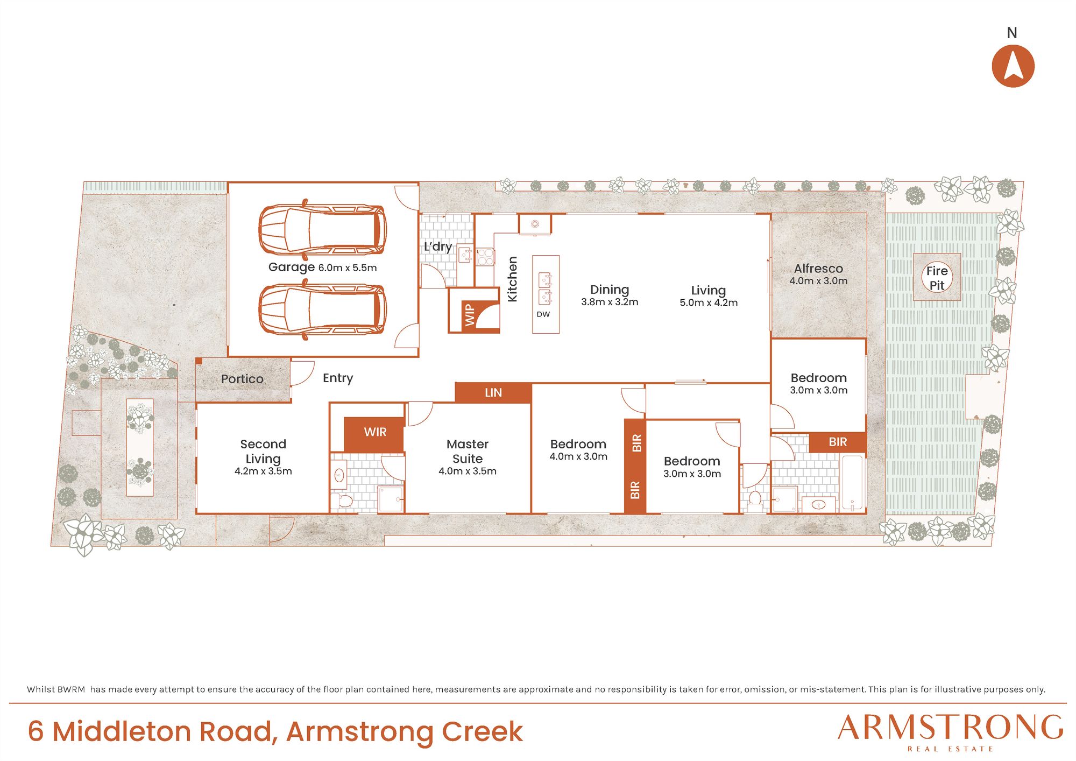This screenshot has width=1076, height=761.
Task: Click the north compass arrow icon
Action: pos(1013,66)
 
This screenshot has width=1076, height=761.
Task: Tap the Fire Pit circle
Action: pos(937,278)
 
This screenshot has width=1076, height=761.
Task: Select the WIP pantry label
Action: pos(469,315)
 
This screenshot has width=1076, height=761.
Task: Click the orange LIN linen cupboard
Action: pos(493,393)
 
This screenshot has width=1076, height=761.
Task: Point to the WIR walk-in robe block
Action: pos(374,432)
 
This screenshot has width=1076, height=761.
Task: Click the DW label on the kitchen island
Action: pos(543,314)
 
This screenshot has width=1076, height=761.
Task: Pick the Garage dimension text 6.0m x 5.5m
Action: pos(348,268)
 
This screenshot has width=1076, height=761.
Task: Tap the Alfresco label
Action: pos(818,269)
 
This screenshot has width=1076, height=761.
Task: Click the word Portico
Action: pos(242,379)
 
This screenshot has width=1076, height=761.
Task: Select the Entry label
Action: pos(338,378)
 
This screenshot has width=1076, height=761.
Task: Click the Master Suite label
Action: pos(468,452)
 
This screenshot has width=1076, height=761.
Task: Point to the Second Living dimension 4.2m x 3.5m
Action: pos(263,471)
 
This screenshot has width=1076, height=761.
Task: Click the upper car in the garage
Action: pos(322,230)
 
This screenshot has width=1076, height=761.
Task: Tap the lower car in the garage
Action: pos(322,311)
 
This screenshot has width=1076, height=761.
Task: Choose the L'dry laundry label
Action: pos(438,246)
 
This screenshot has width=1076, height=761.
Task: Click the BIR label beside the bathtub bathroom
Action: pos(838,442)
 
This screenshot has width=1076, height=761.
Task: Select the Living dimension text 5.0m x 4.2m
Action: pos(709,303)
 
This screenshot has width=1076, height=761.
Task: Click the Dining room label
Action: pos(610,290)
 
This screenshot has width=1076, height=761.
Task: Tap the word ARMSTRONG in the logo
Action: pos(951,728)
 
